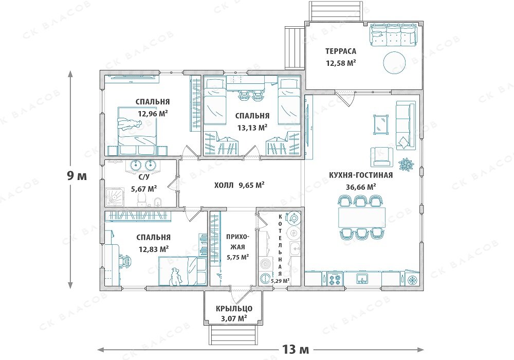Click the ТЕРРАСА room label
click(341, 51)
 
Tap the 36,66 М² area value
click(361, 187)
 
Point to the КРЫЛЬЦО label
click(234, 309)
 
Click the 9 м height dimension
click(77, 176)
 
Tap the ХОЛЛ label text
click(224, 186)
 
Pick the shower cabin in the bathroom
click(115, 197)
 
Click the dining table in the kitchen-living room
click(362, 217)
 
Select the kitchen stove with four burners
click(335, 280)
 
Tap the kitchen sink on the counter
click(362, 279)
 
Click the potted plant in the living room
click(406, 165)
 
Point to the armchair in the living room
click(381, 157)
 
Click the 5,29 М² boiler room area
click(280, 281)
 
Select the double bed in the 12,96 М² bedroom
click(138, 131)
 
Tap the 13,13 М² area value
click(252, 127)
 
